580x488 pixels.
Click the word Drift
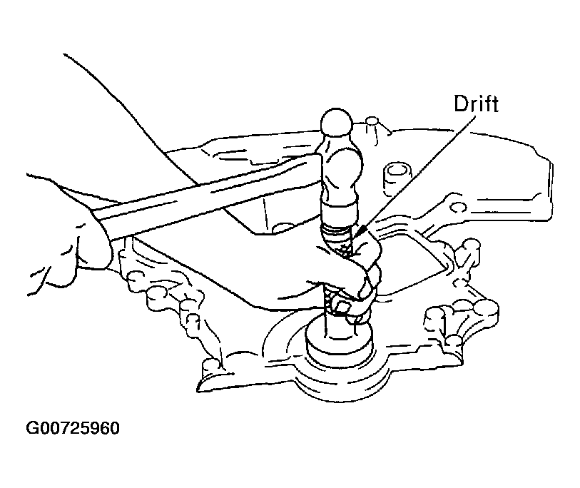click(x=477, y=104)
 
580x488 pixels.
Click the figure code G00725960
click(x=73, y=428)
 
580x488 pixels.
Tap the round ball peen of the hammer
click(x=336, y=122)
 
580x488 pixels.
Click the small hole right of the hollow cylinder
click(x=457, y=207)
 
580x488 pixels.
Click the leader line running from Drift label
click(x=417, y=174)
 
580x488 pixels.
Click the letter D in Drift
click(x=462, y=104)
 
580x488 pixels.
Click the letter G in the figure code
click(x=32, y=428)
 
